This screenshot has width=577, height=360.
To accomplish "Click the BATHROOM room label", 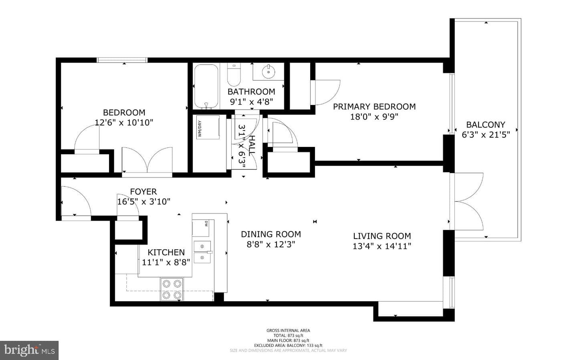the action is click(x=251, y=92).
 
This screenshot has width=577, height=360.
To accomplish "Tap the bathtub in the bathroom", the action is click(x=206, y=87).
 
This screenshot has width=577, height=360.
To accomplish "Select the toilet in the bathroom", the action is click(x=234, y=74).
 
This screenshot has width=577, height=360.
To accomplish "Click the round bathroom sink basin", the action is click(x=268, y=72).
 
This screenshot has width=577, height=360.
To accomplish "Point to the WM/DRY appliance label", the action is click(x=200, y=129).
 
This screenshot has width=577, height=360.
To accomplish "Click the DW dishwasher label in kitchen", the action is click(x=206, y=223).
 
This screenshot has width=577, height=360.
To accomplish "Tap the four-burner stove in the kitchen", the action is click(x=172, y=289).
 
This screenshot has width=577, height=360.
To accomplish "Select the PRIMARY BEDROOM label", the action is click(x=374, y=107).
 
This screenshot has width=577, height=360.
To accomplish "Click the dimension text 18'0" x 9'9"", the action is click(x=374, y=117).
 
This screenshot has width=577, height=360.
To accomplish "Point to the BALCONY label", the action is click(x=486, y=125).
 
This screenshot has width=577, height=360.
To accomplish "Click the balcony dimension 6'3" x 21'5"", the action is click(x=486, y=135).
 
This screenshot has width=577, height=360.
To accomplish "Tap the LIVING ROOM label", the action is click(x=382, y=236).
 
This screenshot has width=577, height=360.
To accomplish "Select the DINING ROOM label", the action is click(x=271, y=234).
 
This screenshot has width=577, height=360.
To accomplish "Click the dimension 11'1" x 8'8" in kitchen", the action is click(x=166, y=262).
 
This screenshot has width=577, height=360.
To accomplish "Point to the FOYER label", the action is click(x=143, y=191).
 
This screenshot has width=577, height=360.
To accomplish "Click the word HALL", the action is click(x=252, y=145).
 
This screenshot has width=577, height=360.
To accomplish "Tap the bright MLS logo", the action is click(x=29, y=350).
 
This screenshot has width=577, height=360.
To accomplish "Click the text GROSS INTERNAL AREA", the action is click(x=288, y=330).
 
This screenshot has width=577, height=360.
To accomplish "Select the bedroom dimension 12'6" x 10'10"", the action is click(x=124, y=123).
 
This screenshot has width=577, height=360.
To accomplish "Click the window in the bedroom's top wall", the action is click(x=122, y=60).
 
